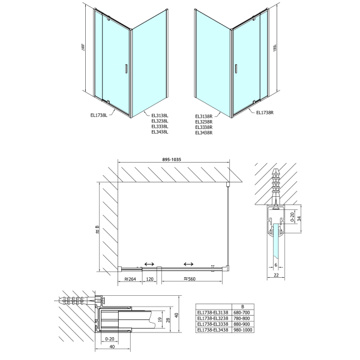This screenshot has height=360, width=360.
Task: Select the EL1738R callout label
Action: (265, 112)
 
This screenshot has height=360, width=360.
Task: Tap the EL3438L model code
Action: (160, 132)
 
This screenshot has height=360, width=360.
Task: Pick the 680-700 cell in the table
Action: (241, 313)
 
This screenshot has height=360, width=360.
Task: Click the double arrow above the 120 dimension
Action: (149, 263)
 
